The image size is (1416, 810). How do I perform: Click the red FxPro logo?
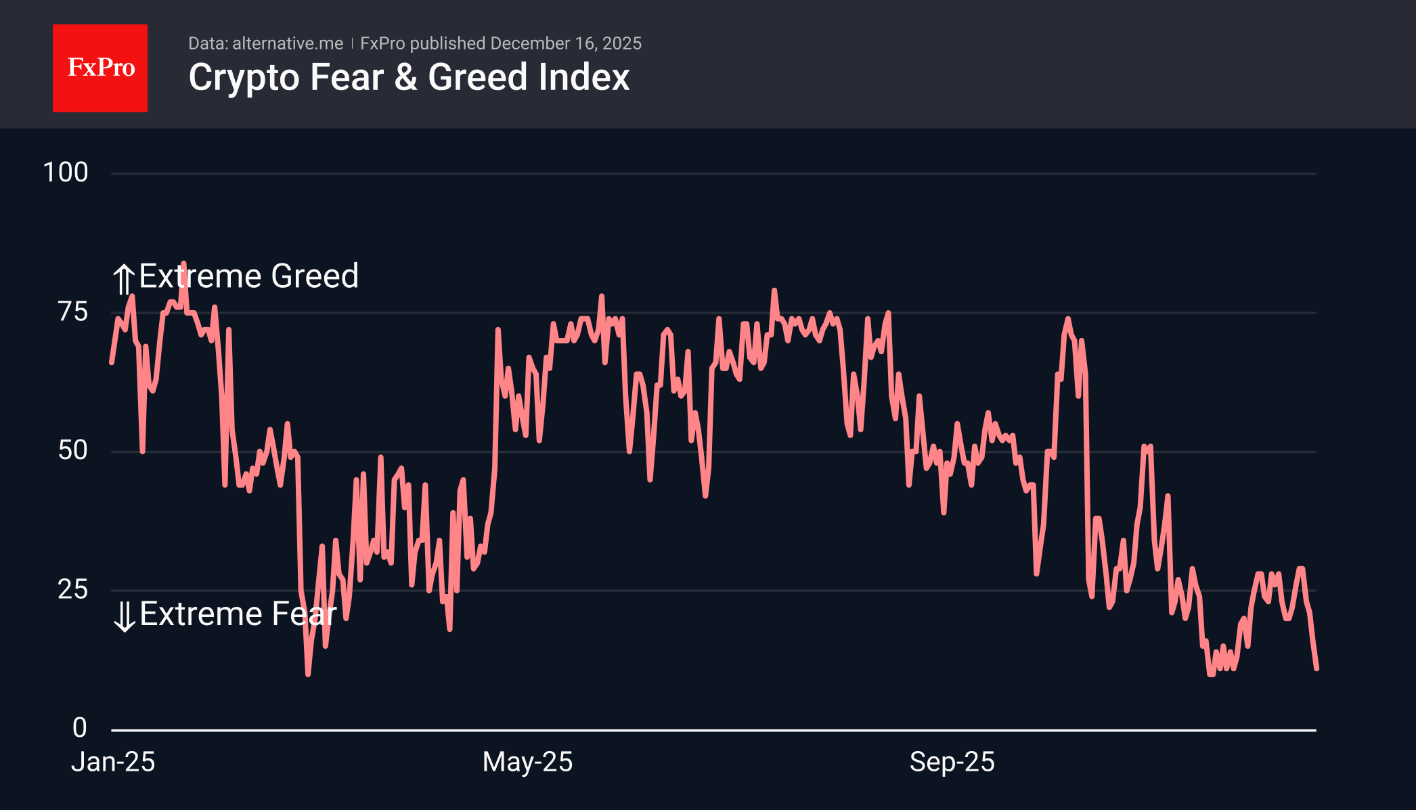click(x=100, y=68)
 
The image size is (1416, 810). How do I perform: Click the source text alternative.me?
click(x=287, y=43)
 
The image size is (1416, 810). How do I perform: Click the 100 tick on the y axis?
click(x=66, y=173)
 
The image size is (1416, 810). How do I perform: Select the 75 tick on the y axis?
click(x=72, y=312)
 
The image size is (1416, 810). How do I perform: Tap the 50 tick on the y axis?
click(x=72, y=451)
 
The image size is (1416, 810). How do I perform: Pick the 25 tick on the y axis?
click(x=72, y=590)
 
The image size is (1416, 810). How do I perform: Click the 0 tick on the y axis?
click(x=80, y=728)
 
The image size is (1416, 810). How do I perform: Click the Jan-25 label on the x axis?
click(x=113, y=763)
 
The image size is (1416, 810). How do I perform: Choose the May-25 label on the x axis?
click(x=527, y=763)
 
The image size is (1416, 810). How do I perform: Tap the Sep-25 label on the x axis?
click(x=952, y=763)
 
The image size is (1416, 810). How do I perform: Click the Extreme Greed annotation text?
click(x=248, y=276)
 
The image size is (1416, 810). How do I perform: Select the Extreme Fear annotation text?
click(x=238, y=614)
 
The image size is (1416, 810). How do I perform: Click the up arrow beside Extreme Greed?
click(x=123, y=279)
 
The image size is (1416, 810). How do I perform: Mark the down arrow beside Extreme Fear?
click(x=125, y=616)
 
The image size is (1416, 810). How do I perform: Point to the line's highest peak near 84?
click(x=183, y=263)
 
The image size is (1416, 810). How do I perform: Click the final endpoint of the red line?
click(x=1317, y=668)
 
